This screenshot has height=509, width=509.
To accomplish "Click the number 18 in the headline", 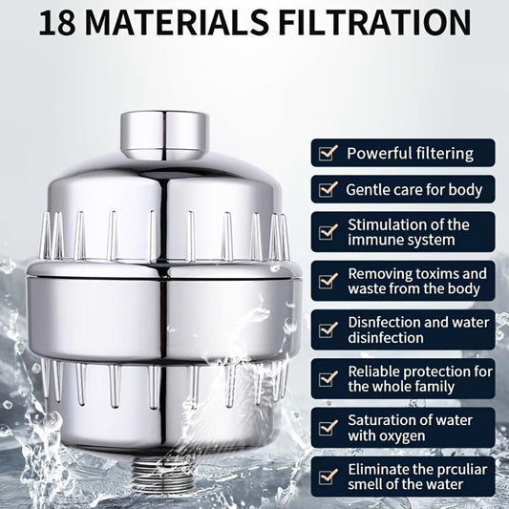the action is click(x=57, y=23).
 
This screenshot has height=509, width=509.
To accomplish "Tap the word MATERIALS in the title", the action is click(x=177, y=23).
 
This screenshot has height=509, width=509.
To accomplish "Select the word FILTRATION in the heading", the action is click(x=374, y=23).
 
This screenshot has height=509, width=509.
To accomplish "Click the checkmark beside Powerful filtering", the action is click(x=329, y=153).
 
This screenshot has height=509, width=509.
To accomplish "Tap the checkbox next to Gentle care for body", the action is click(x=329, y=189).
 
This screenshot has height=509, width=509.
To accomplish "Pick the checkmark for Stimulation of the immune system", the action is click(x=329, y=232).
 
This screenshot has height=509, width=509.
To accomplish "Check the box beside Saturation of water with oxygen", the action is click(x=329, y=428).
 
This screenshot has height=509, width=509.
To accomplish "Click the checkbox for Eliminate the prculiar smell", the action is click(x=329, y=477).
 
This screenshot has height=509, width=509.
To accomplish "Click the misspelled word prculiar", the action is click(x=460, y=470).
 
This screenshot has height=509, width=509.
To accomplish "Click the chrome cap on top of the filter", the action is click(x=164, y=136).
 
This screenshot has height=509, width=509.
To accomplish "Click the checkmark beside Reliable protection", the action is click(x=329, y=378).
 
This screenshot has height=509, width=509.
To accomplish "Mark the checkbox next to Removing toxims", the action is click(x=329, y=281).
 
